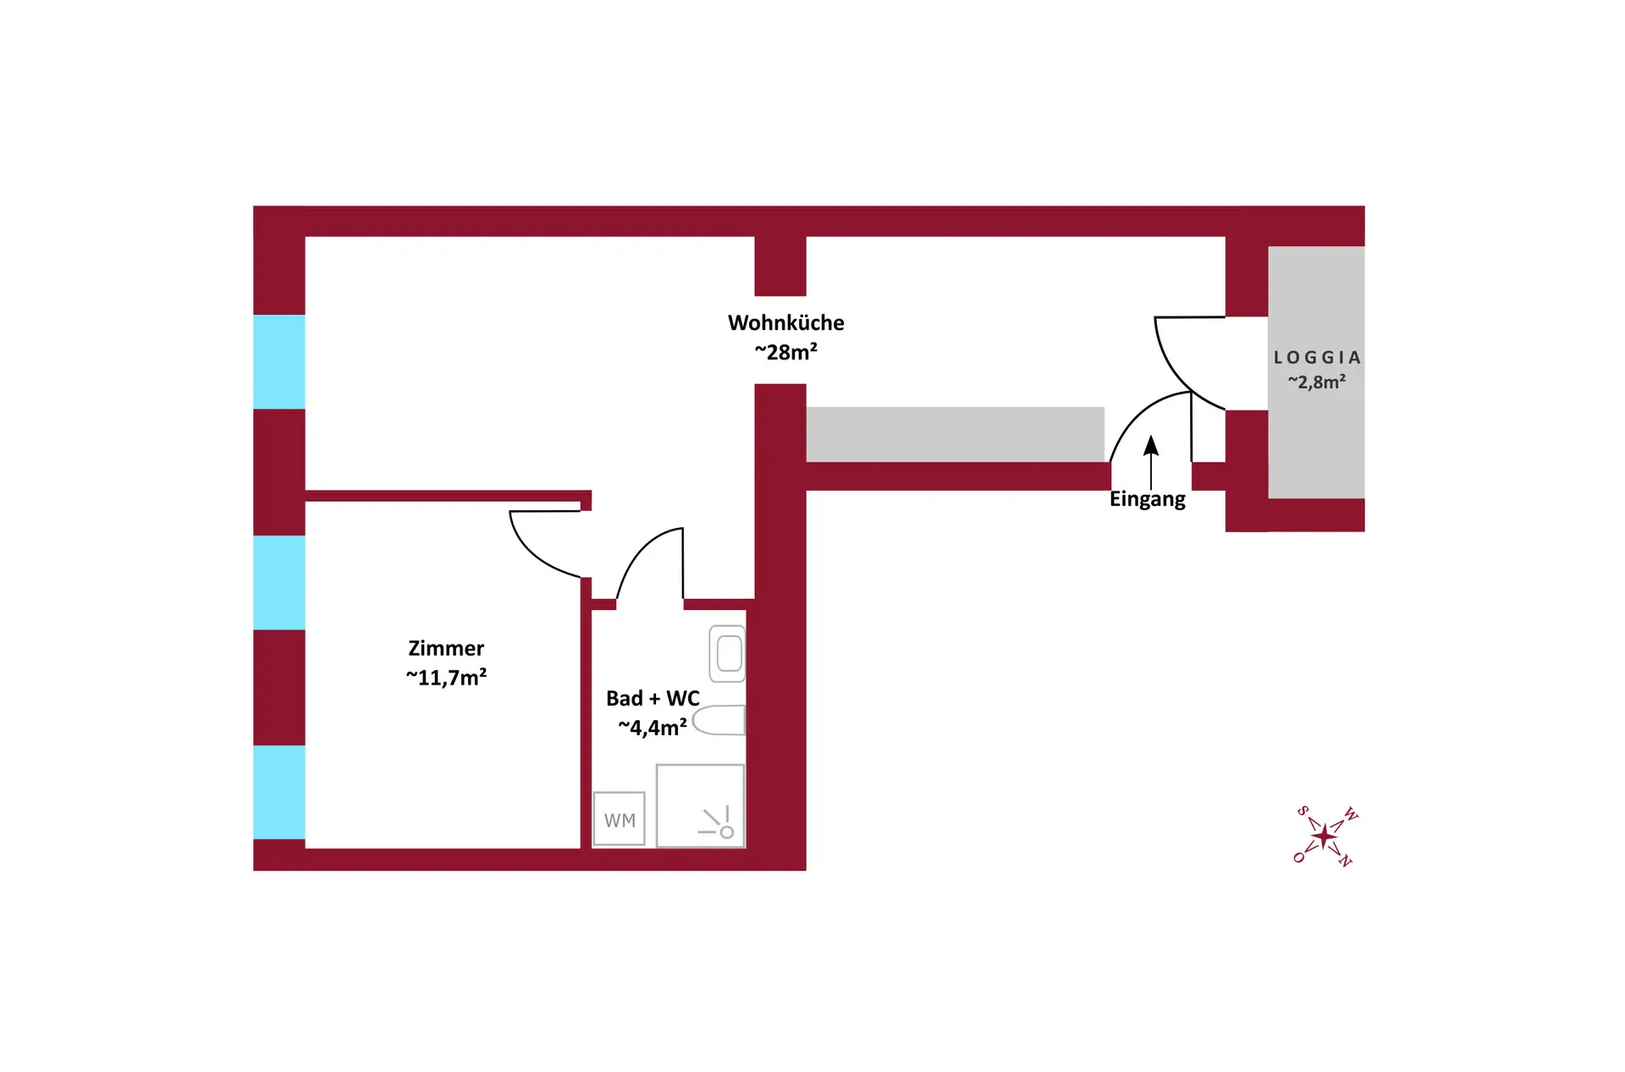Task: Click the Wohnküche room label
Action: (x=785, y=322)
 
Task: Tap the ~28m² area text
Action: (x=785, y=351)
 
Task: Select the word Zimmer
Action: (x=446, y=648)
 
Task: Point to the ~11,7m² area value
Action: (x=446, y=677)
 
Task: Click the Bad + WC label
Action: (x=653, y=698)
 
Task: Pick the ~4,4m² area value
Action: (x=653, y=727)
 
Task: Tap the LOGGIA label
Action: (x=1317, y=358)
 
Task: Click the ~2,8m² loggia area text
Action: (x=1317, y=382)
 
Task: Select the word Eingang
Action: (x=1148, y=499)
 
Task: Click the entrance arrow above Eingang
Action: (x=1151, y=462)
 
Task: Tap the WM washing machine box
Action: (x=620, y=819)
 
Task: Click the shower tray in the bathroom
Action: (x=700, y=805)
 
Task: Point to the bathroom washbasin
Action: (x=727, y=653)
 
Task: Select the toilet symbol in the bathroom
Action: (x=719, y=720)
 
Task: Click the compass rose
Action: (x=1325, y=837)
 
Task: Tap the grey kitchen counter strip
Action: (x=955, y=434)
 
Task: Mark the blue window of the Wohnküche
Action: (x=279, y=362)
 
